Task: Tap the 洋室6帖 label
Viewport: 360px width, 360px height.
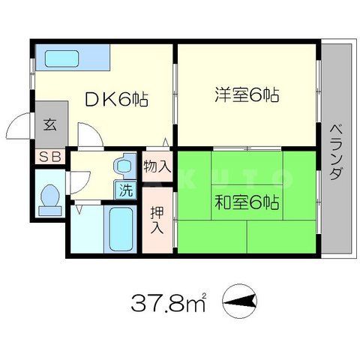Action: pos(247,95)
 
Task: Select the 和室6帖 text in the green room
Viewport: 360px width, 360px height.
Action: pos(248,202)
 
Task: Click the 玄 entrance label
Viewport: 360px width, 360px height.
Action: pos(49,125)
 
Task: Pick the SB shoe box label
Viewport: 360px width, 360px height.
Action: pos(49,157)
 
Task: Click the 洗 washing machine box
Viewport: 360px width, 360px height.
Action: pos(124,190)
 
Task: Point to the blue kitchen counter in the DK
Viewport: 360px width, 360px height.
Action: pos(73,57)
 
